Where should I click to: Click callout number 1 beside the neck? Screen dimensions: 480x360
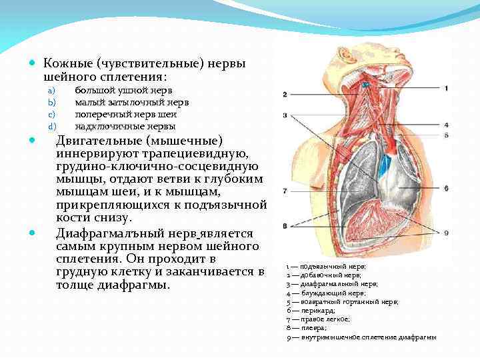[x=446, y=88]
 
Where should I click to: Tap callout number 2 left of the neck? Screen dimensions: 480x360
[x=285, y=95]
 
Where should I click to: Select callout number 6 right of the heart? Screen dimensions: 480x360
[x=446, y=189]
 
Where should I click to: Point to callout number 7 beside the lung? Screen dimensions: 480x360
[x=285, y=191]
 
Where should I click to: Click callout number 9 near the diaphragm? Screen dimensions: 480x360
[x=446, y=232]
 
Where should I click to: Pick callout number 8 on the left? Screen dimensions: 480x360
[x=285, y=226]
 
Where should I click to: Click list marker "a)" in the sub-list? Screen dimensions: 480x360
[x=50, y=90]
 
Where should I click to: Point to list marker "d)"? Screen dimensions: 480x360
[x=50, y=126]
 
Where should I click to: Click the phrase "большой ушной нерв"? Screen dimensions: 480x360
[x=123, y=90]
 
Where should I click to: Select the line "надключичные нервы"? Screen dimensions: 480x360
[x=125, y=126]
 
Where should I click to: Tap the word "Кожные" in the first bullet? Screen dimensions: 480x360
[x=68, y=63]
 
